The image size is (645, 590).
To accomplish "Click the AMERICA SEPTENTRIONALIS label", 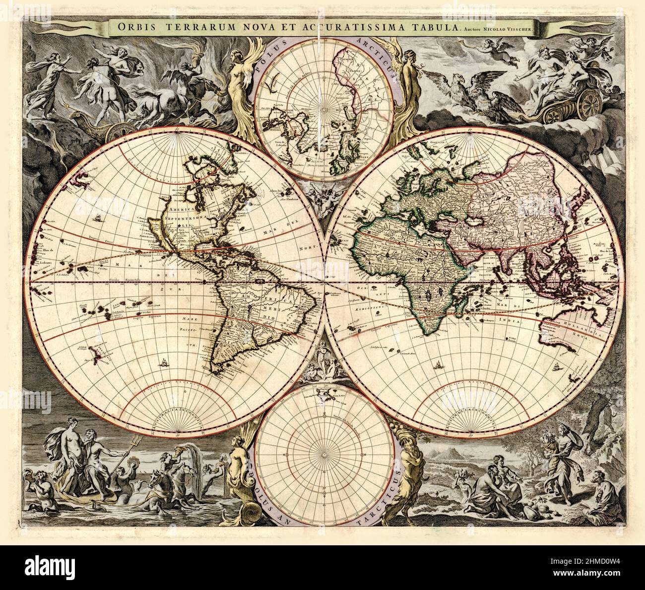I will (x=181, y=217).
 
